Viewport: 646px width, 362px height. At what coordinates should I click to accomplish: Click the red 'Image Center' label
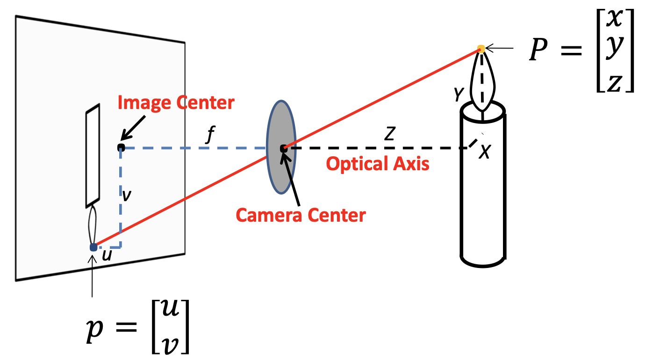pyautogui.click(x=175, y=102)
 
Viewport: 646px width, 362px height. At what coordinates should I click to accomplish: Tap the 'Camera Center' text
pyautogui.click(x=301, y=215)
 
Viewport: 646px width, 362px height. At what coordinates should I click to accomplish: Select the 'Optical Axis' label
pyautogui.click(x=377, y=164)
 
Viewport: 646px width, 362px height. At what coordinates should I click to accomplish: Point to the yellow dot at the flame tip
pyautogui.click(x=481, y=48)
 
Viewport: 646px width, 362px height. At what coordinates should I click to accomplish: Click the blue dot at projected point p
pyautogui.click(x=93, y=247)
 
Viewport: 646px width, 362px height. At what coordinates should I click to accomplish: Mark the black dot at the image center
pyautogui.click(x=121, y=147)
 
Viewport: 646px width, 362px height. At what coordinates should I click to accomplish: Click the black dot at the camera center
pyautogui.click(x=283, y=149)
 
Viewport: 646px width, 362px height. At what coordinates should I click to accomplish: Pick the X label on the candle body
pyautogui.click(x=485, y=152)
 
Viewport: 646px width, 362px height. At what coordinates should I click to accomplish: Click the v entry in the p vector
pyautogui.click(x=171, y=341)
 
